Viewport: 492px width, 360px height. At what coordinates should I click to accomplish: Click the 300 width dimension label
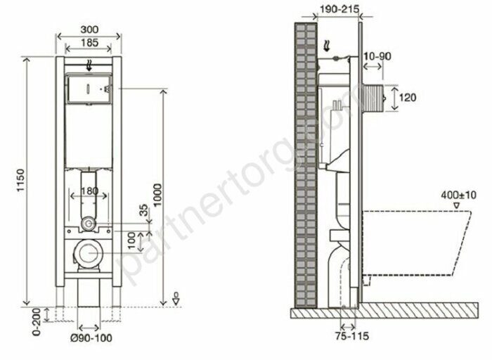89,30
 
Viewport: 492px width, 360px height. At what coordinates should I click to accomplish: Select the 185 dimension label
89,42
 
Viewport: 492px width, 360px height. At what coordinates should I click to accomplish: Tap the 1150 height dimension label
20,181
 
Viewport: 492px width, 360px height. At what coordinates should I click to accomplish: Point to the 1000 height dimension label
157,195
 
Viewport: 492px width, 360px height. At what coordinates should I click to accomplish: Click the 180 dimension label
90,191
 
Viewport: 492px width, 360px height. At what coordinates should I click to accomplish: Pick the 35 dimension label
143,210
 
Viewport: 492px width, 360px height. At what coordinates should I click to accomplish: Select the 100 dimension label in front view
132,240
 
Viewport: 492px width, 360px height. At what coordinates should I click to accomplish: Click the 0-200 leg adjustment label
37,322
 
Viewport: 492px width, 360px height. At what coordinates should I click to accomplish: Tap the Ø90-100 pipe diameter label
91,338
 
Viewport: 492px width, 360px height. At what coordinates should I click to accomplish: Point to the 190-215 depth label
339,9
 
